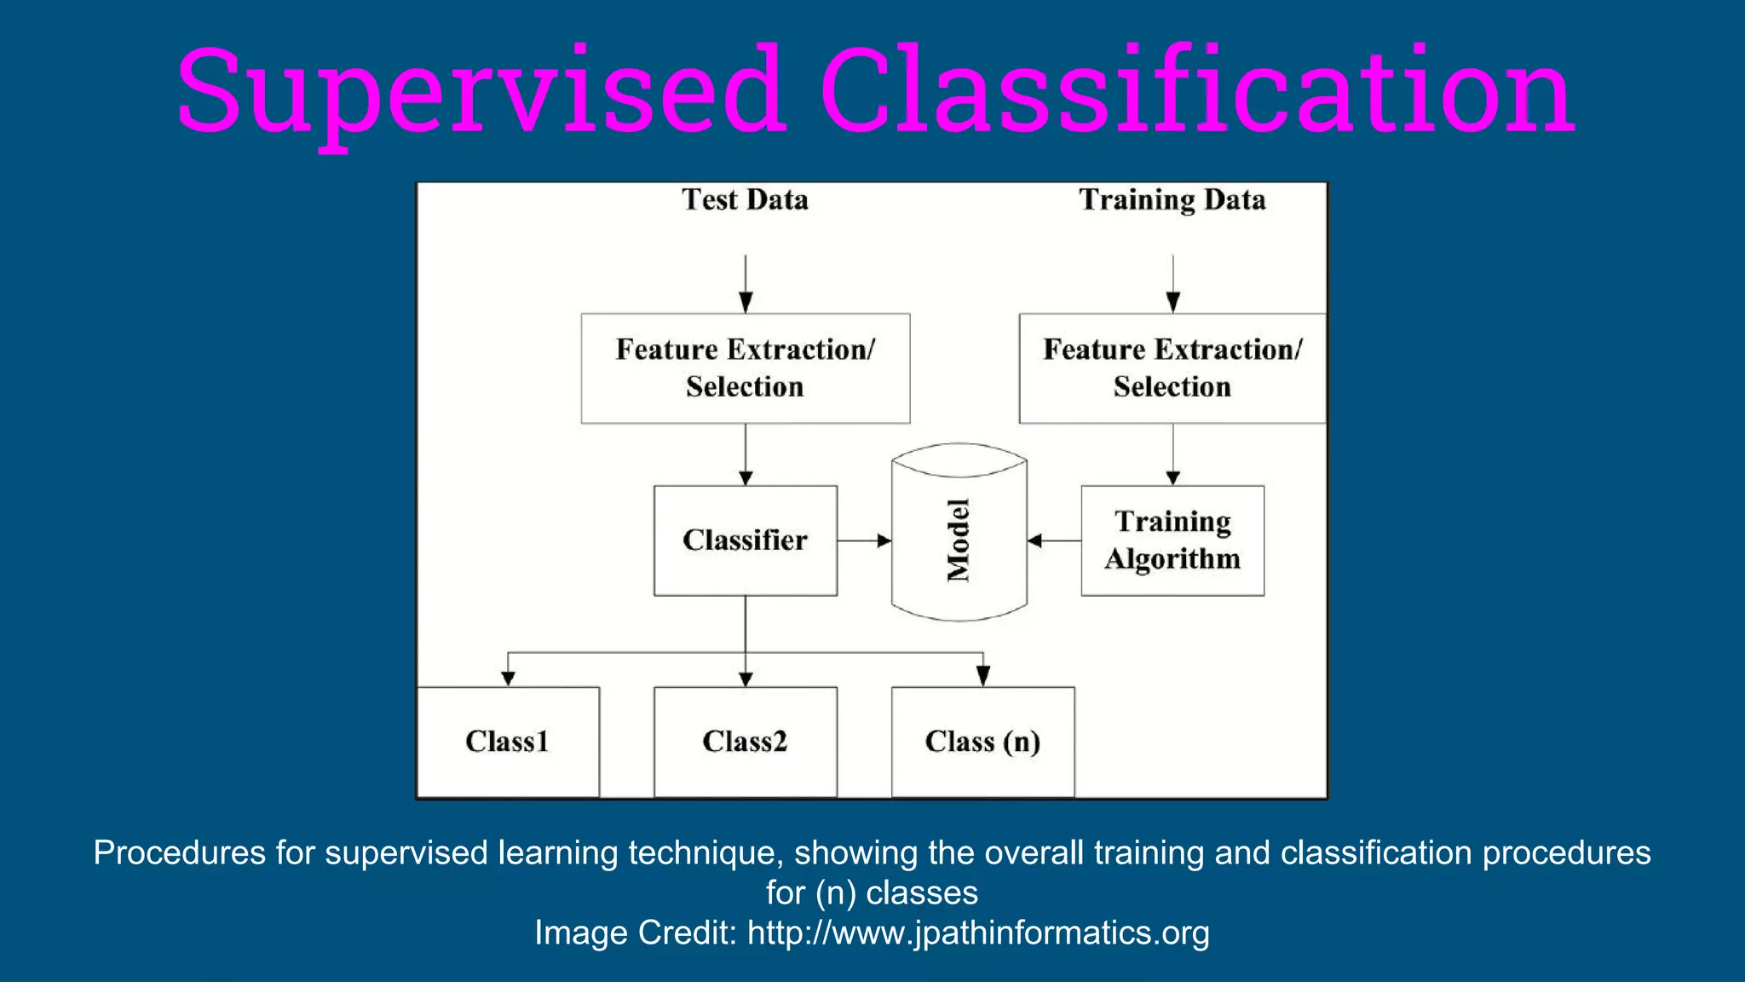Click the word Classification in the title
(x=1196, y=91)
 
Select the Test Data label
(x=745, y=199)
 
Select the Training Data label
(x=1172, y=199)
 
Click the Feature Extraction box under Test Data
(x=745, y=368)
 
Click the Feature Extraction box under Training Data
(x=1172, y=368)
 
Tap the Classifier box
(x=745, y=540)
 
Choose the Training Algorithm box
(x=1172, y=540)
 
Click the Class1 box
(x=508, y=742)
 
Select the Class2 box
(x=745, y=742)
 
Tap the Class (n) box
(x=982, y=742)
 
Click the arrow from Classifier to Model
(x=864, y=540)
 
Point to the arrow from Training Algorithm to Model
(x=1054, y=540)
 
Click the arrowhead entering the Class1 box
(x=508, y=679)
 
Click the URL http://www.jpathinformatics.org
(x=978, y=933)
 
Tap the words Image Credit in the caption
(x=635, y=933)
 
